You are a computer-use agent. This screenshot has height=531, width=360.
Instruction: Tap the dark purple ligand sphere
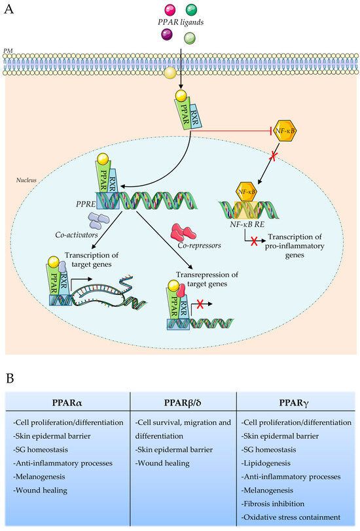[165, 37]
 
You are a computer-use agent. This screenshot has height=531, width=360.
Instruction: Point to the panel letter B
[9, 378]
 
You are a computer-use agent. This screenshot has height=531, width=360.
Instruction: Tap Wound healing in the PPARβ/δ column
[162, 463]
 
